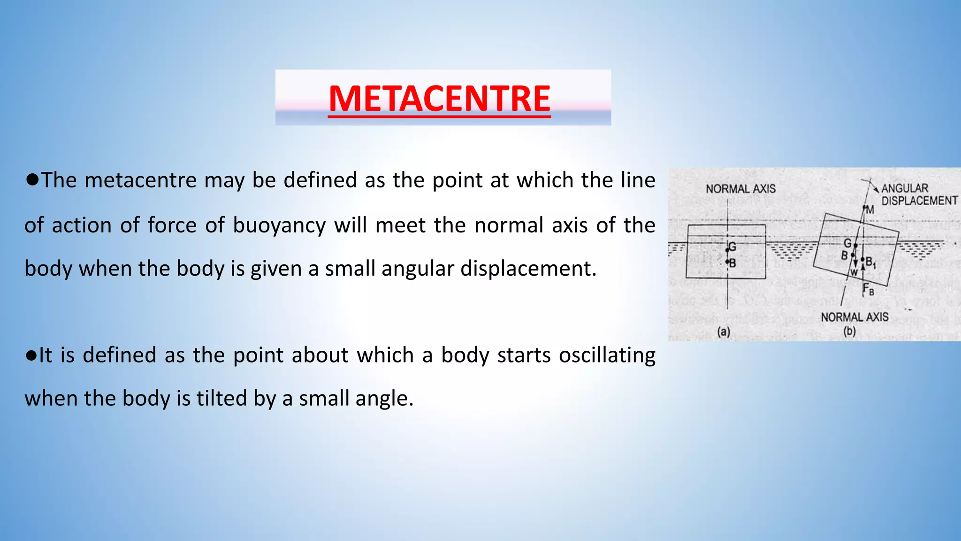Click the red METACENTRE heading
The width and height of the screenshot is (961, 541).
[439, 99]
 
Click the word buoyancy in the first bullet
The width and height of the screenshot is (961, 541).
[279, 225]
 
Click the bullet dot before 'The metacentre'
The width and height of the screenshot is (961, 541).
[32, 179]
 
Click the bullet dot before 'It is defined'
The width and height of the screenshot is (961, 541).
[31, 356]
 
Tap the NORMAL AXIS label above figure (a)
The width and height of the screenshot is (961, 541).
[740, 189]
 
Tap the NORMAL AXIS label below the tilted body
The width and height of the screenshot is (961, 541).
[854, 317]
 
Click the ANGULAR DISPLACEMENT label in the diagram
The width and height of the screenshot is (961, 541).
[919, 194]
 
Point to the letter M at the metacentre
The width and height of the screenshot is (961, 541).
[869, 209]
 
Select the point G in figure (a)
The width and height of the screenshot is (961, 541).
[732, 247]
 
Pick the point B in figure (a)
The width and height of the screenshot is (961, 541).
[732, 263]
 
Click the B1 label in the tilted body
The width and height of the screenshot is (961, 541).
[870, 263]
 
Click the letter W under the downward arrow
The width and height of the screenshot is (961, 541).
[854, 272]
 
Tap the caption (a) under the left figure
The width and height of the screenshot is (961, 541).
[724, 332]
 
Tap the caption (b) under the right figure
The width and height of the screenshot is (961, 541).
[849, 331]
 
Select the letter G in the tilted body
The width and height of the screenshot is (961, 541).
[847, 243]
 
